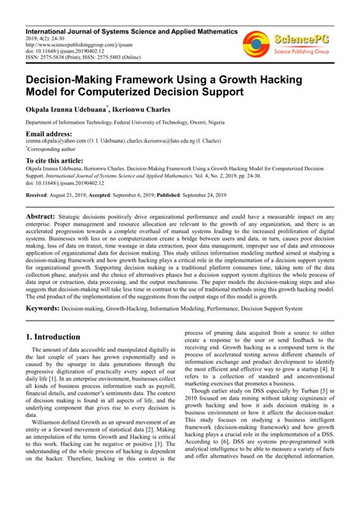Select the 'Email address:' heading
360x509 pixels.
point(54,134)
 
